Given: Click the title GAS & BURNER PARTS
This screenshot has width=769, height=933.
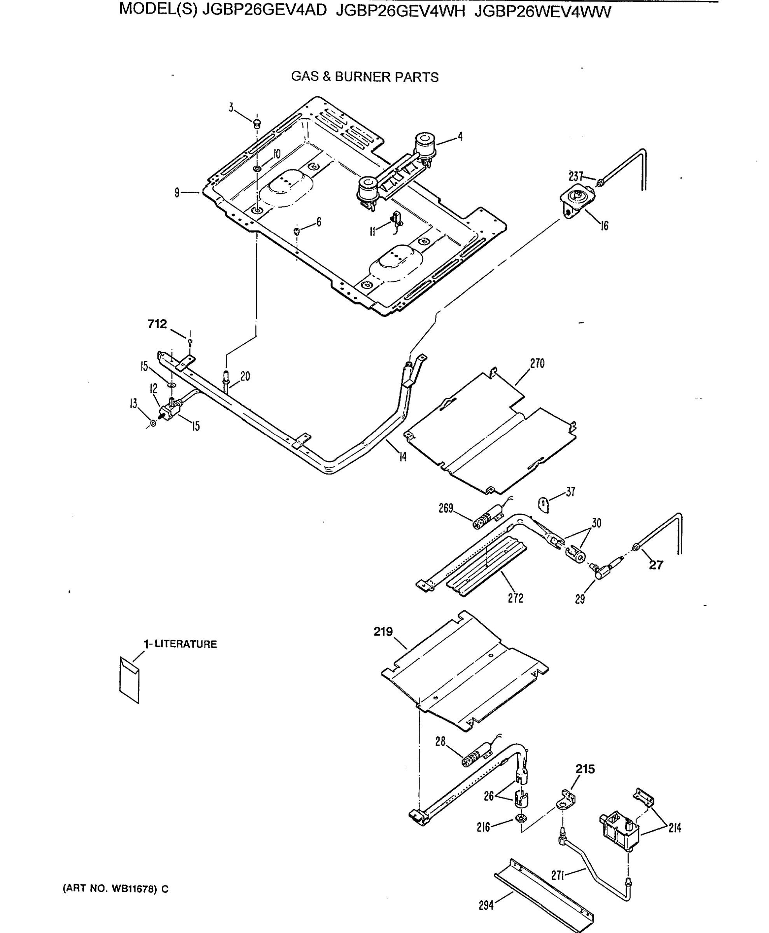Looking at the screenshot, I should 365,77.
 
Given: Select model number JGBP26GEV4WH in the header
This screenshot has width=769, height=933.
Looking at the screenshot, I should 400,10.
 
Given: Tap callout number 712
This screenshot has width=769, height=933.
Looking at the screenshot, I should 157,324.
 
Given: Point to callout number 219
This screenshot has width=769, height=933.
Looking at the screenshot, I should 383,632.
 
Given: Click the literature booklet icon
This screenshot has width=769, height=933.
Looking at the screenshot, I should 129,680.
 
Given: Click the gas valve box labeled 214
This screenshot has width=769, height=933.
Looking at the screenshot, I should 619,831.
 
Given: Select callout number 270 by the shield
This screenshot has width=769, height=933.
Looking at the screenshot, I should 537,364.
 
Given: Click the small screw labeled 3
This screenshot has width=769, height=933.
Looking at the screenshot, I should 257,123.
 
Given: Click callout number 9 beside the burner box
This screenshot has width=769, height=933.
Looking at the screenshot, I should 177,193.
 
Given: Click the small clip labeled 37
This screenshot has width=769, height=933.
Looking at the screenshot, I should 544,504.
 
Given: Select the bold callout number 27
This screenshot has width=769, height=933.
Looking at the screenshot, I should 656,565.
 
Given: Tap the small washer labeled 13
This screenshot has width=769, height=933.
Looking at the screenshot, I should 153,423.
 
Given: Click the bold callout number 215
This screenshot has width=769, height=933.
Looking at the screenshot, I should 585,769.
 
